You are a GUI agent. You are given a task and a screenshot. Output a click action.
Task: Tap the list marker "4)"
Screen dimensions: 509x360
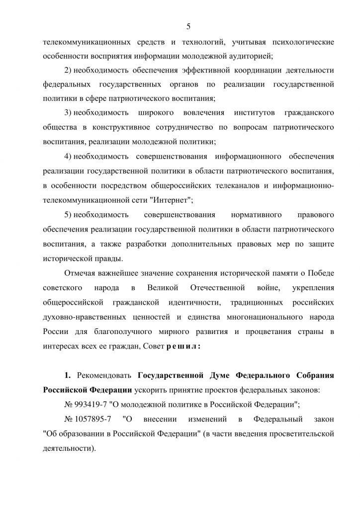(x=69, y=157)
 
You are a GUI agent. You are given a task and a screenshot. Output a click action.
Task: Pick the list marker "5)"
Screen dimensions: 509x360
(x=69, y=215)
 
